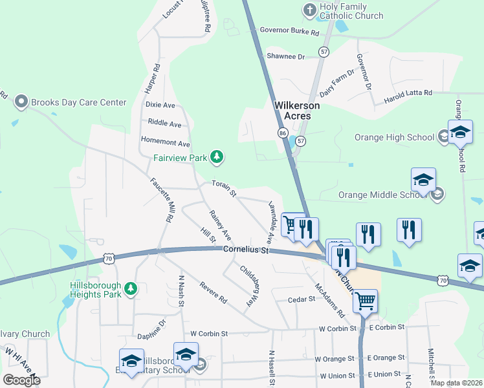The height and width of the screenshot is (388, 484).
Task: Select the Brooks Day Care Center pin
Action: tap(21, 102)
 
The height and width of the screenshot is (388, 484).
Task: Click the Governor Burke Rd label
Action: tap(290, 31)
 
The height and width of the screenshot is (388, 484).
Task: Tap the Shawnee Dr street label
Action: tap(285, 57)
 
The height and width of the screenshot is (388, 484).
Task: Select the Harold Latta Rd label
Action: tap(408, 93)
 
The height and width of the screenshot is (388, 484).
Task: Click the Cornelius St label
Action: tap(245, 250)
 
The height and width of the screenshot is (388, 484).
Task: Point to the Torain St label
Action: tap(225, 189)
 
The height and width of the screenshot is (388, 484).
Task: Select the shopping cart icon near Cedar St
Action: tap(365, 300)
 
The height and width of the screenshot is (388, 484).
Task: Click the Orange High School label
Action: tap(394, 137)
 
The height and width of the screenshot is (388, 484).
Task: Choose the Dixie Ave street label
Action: tap(160, 105)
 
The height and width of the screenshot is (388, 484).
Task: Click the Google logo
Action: tap(21, 380)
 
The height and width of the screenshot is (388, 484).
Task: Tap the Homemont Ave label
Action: tap(166, 144)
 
